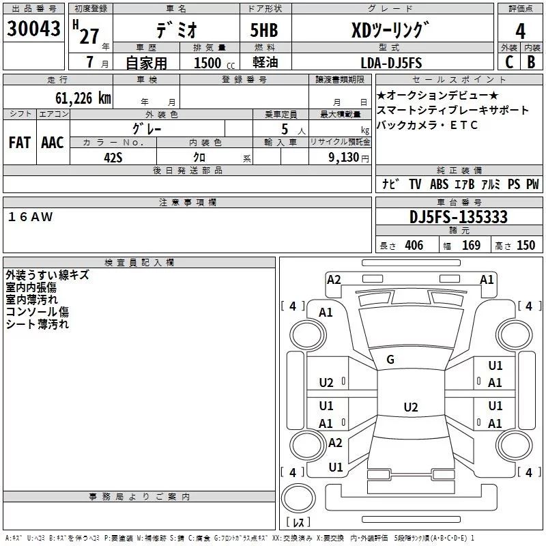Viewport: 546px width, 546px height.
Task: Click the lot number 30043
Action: pos(33,29)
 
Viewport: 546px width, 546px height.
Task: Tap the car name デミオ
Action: pos(175,30)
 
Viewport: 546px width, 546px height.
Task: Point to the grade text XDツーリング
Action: pos(390,29)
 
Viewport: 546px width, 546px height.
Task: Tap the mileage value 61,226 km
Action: pos(76,98)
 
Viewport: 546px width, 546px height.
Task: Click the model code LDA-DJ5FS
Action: pos(391,63)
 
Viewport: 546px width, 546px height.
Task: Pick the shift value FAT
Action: pos(19,143)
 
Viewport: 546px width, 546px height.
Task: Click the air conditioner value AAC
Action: pos(52,143)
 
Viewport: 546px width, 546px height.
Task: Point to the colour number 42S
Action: pos(113,157)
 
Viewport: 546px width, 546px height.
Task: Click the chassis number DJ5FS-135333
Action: pos(458,217)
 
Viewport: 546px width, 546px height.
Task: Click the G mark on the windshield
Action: pos(390,360)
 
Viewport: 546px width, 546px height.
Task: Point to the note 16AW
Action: pos(31,217)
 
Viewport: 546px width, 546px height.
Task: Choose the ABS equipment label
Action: pos(439,184)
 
